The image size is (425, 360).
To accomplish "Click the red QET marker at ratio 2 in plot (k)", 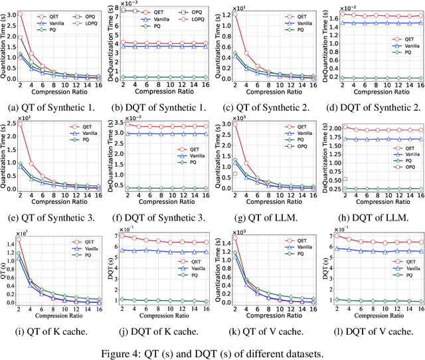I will coord(234,237).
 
